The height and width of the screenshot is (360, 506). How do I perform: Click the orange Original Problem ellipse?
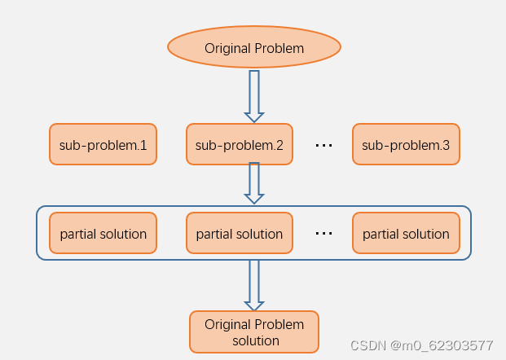253,48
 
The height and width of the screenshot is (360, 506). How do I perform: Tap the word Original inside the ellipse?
228,49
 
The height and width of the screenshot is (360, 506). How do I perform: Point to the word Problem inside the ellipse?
279,49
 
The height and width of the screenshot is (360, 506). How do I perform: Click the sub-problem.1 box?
103,145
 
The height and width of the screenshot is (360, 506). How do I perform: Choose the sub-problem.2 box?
240,145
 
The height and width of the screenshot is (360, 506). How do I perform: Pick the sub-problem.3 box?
406,145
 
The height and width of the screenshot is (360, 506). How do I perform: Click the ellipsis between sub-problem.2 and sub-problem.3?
323,146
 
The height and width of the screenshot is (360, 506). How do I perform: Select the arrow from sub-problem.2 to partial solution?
254,182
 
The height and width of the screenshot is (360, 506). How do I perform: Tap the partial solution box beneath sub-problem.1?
103,234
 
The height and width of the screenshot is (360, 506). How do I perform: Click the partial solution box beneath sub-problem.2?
240,234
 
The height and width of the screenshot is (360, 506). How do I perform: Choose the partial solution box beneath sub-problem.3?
406,234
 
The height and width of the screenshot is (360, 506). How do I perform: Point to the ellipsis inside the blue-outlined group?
323,234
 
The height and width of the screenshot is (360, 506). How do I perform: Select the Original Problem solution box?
254,332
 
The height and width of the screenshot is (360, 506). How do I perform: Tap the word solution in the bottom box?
255,340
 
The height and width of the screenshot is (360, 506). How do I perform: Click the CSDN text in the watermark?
367,345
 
